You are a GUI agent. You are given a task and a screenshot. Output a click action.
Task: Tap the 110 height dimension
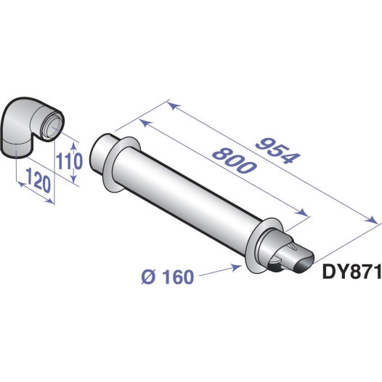pyautogui.click(x=66, y=160)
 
